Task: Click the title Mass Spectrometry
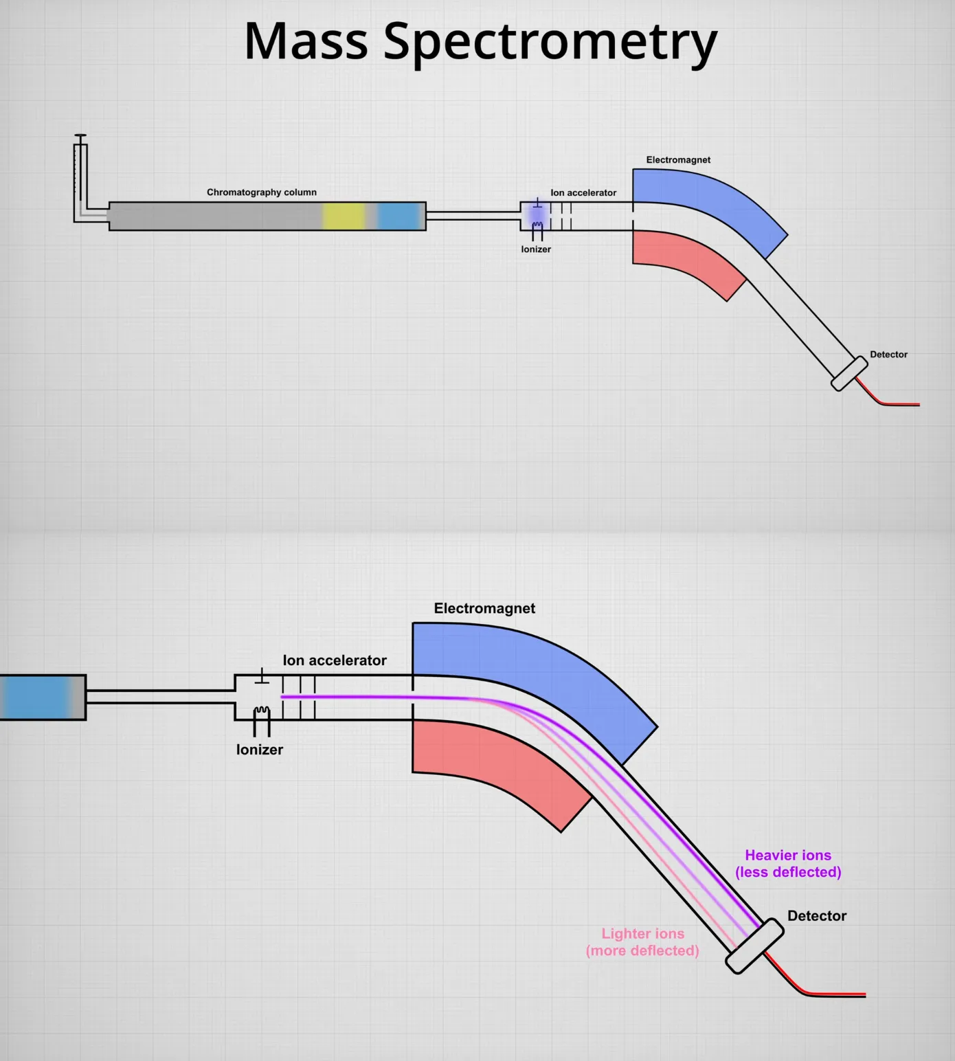[x=480, y=41]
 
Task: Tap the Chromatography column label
[x=262, y=192]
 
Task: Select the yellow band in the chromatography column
[x=344, y=216]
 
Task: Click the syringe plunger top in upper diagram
[x=80, y=136]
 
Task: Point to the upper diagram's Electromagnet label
[x=678, y=160]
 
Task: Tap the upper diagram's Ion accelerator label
[x=583, y=193]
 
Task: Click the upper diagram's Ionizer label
[x=536, y=249]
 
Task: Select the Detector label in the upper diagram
[x=888, y=355]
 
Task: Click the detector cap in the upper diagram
[x=849, y=374]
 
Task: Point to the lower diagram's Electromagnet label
[x=484, y=608]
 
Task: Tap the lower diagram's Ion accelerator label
[x=335, y=660]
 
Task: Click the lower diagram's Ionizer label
[x=260, y=750]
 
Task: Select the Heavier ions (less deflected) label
[x=788, y=864]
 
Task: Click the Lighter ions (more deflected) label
[x=642, y=942]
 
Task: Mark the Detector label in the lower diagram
[x=817, y=916]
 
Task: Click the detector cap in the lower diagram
[x=754, y=946]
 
